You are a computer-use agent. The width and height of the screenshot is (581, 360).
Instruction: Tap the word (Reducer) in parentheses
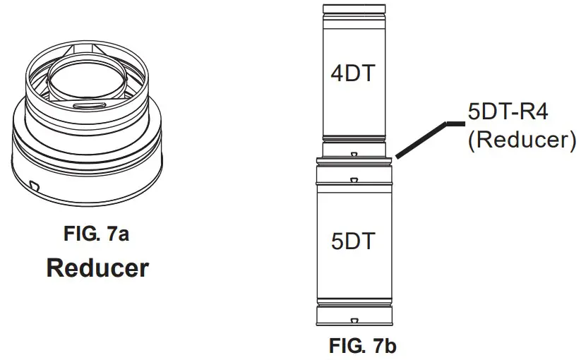(x=518, y=139)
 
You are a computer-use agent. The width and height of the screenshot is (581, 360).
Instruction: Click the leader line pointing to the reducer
(x=424, y=138)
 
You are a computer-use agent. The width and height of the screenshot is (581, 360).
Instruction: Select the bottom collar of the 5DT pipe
(x=354, y=316)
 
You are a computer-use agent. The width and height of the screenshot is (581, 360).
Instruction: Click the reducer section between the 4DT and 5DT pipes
(x=354, y=152)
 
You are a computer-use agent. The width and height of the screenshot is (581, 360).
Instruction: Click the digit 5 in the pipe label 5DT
(x=337, y=241)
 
